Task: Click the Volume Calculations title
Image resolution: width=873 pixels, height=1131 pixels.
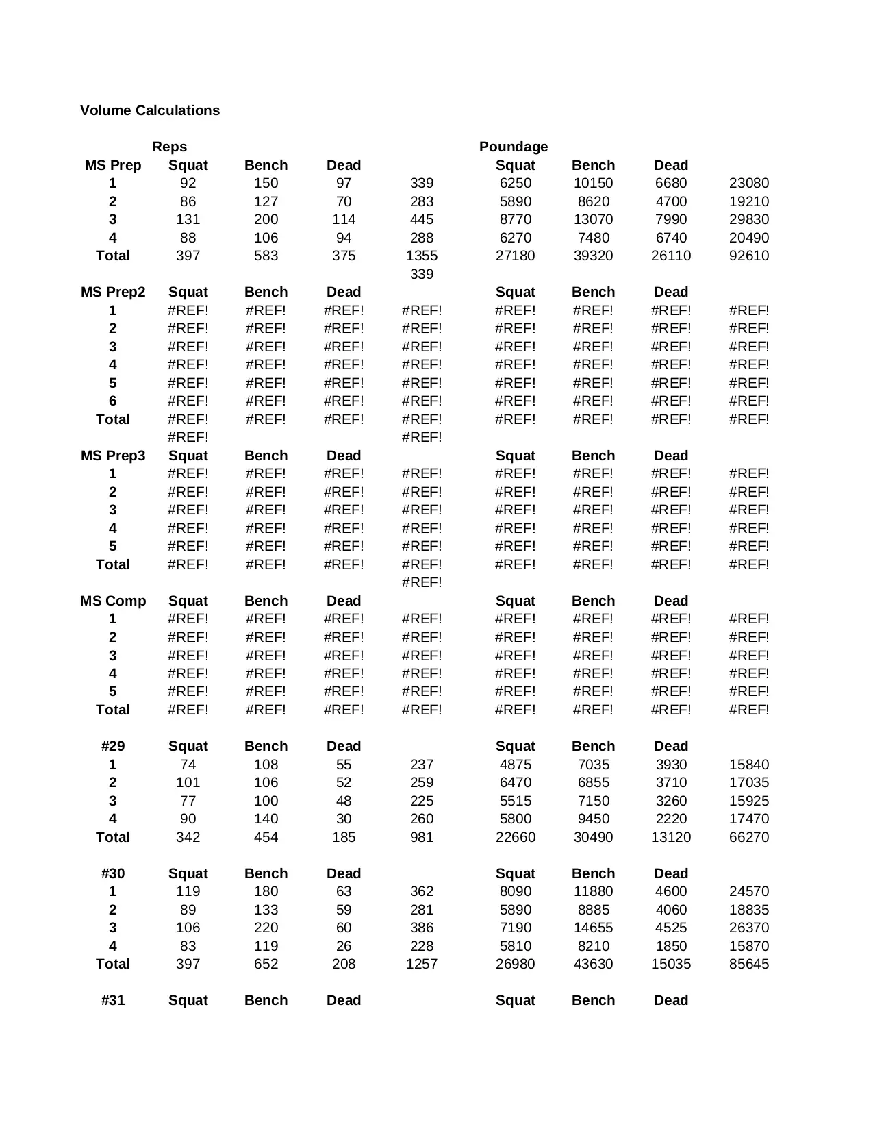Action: click(x=150, y=110)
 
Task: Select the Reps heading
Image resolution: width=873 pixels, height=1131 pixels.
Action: click(x=169, y=147)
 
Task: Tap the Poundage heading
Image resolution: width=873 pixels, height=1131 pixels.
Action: click(x=514, y=147)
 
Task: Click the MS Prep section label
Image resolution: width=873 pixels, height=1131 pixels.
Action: click(x=113, y=165)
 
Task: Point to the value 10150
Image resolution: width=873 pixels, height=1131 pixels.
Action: click(x=593, y=183)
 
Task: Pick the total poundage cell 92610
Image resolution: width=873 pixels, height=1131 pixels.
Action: click(x=748, y=256)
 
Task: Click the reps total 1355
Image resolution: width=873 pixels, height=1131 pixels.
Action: click(x=422, y=256)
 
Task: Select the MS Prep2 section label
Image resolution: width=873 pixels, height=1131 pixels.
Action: click(x=113, y=292)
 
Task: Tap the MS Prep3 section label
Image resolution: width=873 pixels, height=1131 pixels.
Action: click(x=113, y=456)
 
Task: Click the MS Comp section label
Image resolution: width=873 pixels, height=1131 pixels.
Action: click(x=113, y=601)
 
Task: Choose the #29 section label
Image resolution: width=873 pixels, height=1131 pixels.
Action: click(x=113, y=746)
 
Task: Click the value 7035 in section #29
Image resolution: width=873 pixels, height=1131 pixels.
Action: click(x=593, y=765)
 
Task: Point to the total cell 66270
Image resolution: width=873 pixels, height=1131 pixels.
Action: click(x=748, y=837)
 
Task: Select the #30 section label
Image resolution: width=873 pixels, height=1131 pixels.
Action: click(x=113, y=873)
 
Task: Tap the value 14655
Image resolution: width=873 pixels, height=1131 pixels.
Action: click(x=593, y=928)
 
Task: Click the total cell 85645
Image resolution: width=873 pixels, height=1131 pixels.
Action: click(x=748, y=964)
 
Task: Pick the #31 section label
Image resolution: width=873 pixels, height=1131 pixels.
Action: click(x=113, y=1000)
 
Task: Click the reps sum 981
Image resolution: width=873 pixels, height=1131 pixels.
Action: click(x=422, y=837)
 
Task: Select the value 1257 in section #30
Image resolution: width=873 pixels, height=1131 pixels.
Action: click(x=422, y=964)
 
